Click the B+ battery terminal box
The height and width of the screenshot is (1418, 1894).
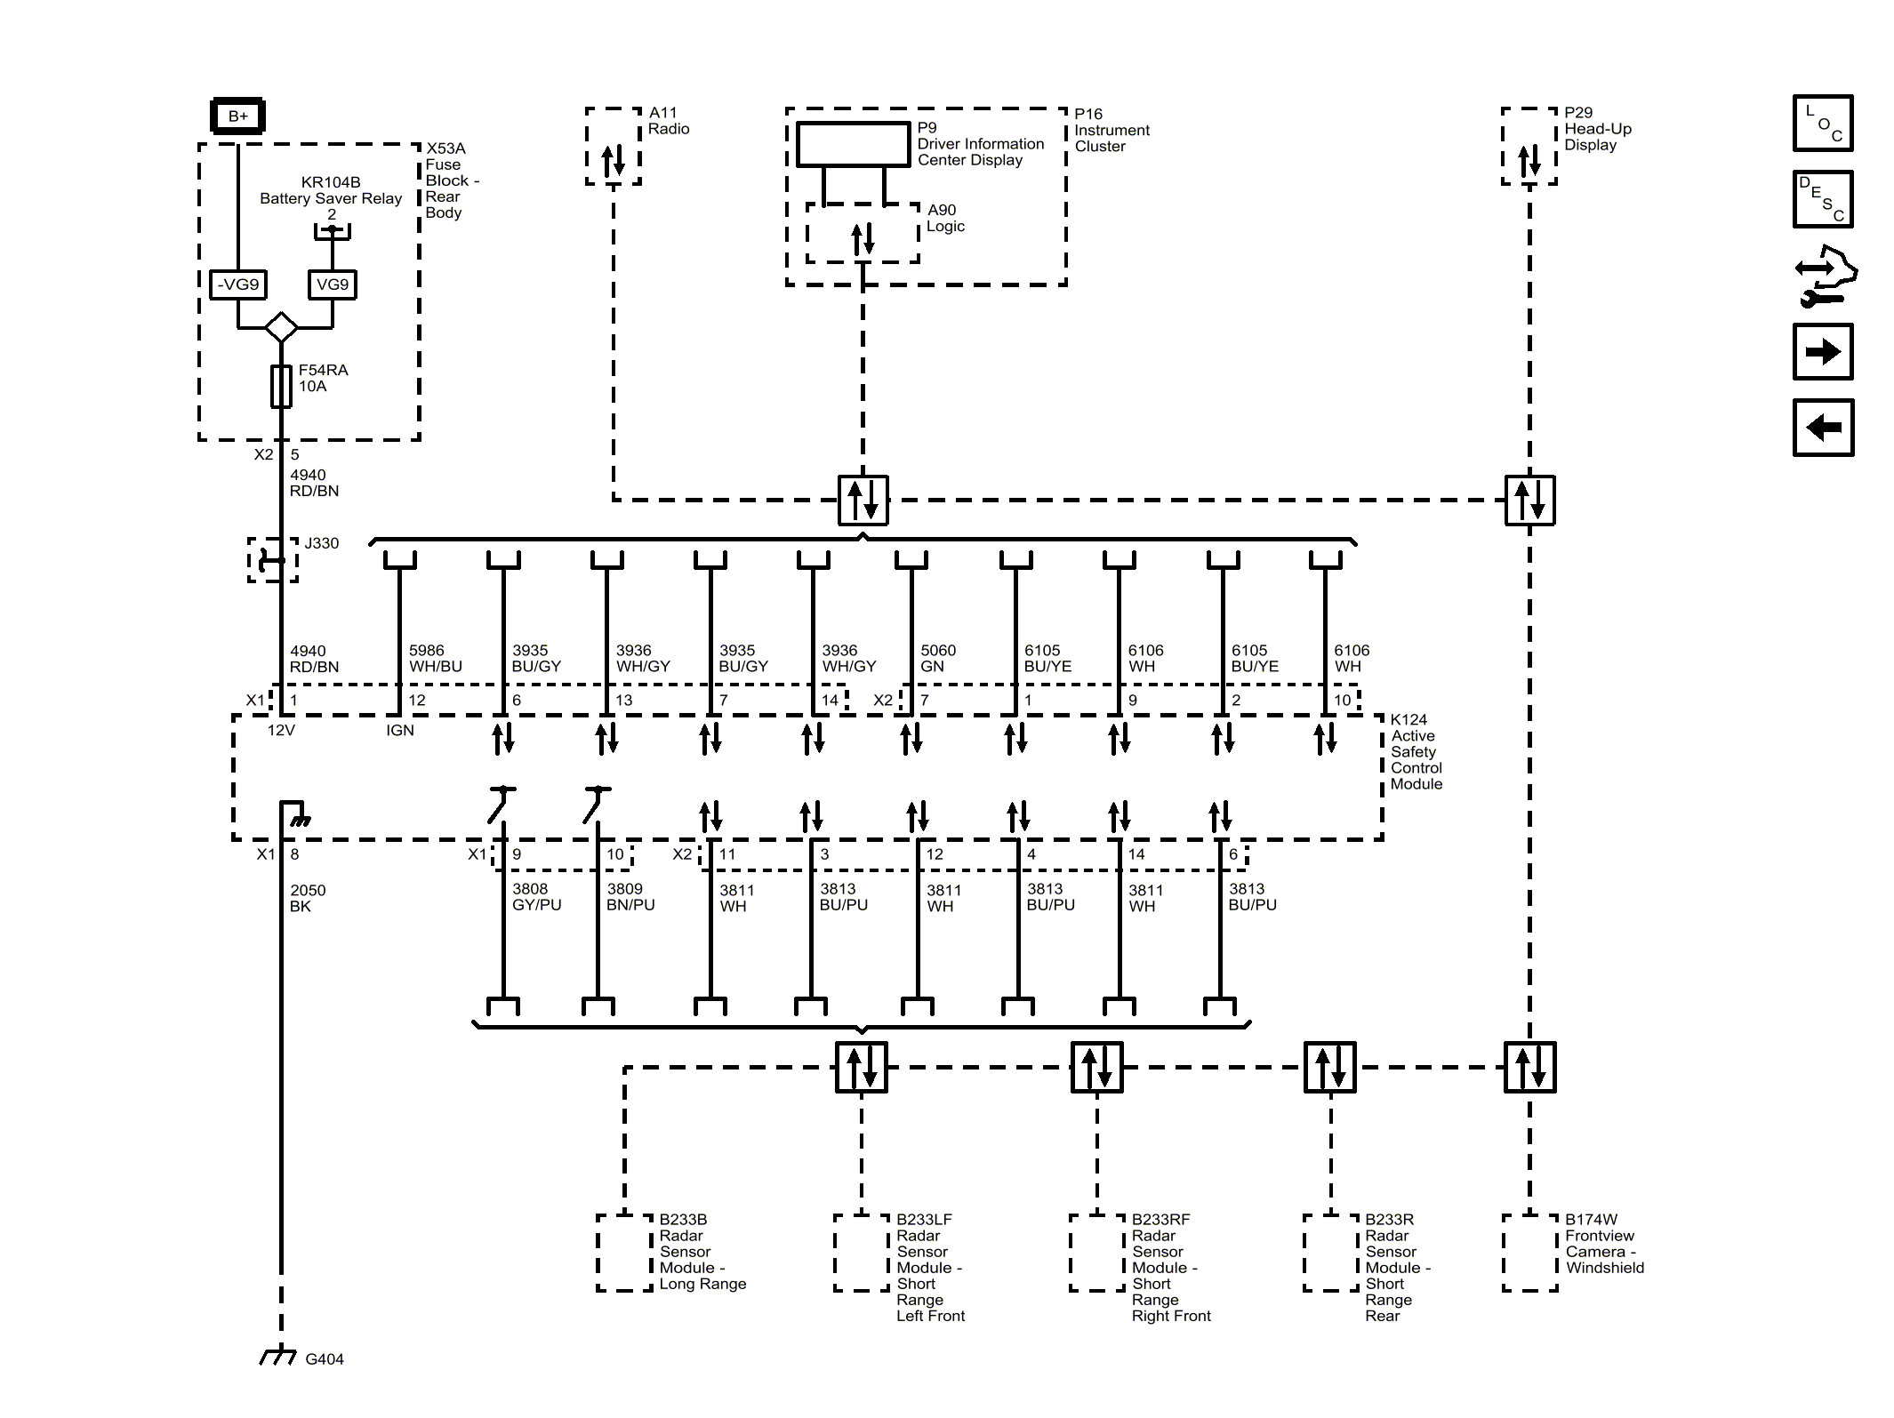[237, 116]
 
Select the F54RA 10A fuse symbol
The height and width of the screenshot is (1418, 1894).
[281, 386]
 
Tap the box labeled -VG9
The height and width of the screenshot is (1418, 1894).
[237, 284]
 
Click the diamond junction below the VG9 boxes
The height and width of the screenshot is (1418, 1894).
[281, 327]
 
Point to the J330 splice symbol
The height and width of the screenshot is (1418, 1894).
[272, 560]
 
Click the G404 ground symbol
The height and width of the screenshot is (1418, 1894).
[279, 1357]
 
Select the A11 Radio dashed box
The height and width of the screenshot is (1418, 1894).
[613, 147]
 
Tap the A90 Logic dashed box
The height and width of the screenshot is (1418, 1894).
[862, 233]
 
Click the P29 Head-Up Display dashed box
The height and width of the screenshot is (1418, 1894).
[1529, 147]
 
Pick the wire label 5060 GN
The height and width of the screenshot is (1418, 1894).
[938, 659]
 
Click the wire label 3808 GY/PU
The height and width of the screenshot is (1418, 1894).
[536, 897]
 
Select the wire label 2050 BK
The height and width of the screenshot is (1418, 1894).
[308, 898]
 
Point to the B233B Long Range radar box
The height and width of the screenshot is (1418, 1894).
[625, 1253]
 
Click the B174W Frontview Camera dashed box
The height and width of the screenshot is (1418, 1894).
[1529, 1253]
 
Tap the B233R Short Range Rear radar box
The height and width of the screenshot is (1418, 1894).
[1330, 1253]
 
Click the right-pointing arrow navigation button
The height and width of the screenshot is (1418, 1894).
[1822, 352]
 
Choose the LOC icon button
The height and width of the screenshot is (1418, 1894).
[1822, 124]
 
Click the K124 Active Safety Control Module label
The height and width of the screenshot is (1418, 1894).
[1416, 752]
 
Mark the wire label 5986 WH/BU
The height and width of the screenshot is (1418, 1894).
[435, 659]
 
